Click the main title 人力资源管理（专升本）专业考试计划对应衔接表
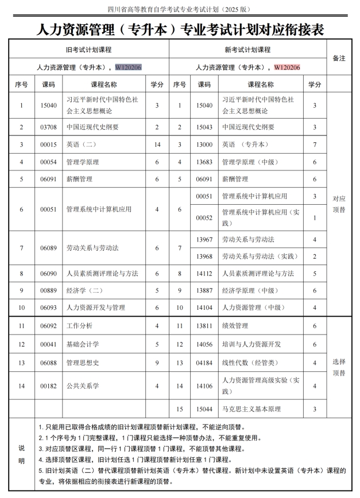tap(180, 29)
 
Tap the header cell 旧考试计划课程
tap(89, 50)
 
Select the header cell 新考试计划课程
tap(247, 50)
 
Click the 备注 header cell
tap(339, 58)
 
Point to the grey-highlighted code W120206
tap(129, 67)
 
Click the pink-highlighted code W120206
tap(287, 67)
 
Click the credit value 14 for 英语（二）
tap(157, 145)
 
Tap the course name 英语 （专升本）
tap(242, 145)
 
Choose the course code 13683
tap(204, 162)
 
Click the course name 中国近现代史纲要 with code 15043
tap(248, 127)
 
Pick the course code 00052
tap(204, 218)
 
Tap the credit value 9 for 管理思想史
tap(157, 363)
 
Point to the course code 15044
tap(204, 409)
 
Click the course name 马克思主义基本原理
tap(251, 409)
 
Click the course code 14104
tap(204, 308)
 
